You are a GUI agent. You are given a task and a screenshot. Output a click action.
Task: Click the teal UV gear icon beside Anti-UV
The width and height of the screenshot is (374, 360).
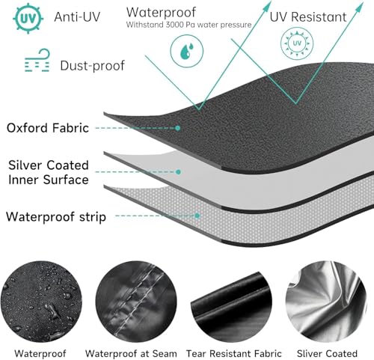point(28,18)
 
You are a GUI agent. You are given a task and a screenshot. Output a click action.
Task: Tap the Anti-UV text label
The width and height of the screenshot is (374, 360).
point(77,17)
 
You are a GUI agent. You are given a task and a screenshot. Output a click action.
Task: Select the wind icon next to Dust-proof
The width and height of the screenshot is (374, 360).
point(37,61)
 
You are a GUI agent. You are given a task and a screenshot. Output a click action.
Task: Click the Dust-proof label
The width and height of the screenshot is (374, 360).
point(92,66)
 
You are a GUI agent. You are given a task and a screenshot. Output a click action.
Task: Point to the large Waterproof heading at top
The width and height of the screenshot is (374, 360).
point(161,13)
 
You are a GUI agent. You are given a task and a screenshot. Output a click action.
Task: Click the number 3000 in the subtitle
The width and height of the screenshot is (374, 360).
point(174,25)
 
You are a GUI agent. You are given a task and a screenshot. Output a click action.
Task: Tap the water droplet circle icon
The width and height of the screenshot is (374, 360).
point(187,51)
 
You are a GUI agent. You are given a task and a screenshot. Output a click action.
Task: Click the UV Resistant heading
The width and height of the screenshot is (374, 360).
point(308,17)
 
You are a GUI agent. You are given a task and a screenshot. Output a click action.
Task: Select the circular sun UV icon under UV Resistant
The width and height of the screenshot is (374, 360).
point(297,43)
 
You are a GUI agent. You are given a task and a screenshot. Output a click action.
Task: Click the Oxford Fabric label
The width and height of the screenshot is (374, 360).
point(48,128)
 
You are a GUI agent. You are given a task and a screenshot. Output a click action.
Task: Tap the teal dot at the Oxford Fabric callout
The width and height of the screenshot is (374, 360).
point(177,128)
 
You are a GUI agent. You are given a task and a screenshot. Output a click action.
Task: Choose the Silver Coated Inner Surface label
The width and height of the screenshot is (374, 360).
point(49,172)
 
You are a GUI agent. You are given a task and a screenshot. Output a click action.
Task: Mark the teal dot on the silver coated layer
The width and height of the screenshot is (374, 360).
point(178,172)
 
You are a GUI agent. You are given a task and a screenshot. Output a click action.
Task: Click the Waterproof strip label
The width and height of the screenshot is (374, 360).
point(56,217)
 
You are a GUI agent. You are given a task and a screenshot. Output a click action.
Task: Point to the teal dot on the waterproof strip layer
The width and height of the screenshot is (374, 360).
point(197,216)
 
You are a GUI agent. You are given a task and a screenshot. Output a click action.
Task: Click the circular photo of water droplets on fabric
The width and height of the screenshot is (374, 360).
point(41,302)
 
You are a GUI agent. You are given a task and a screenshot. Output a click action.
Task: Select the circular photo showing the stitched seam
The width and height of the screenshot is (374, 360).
point(136,302)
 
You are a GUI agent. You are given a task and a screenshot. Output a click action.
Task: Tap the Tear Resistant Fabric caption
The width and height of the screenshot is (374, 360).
point(234,353)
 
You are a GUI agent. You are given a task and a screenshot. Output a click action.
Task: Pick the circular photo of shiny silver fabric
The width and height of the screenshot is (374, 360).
point(326,302)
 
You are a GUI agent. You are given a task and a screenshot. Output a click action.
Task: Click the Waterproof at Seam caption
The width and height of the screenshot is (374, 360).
point(131,353)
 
